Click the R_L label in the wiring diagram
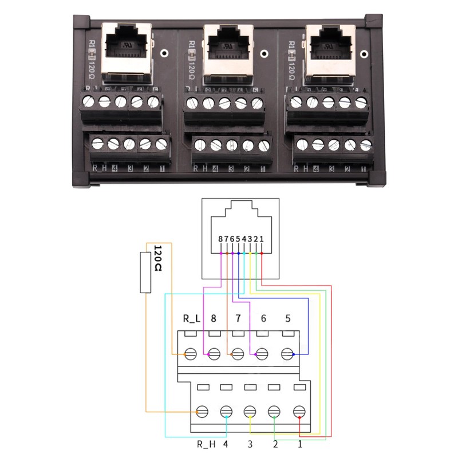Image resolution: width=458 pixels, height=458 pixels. coord(191,319)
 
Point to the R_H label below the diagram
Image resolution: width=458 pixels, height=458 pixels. coord(206,444)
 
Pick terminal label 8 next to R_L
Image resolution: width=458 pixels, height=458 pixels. coord(214,319)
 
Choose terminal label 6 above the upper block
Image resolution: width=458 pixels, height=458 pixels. coord(263,319)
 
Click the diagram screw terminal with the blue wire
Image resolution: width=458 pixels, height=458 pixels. coord(288,354)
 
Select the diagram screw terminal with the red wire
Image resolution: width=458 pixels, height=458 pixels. coord(298,411)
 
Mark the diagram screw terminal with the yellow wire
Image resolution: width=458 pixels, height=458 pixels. coord(250,411)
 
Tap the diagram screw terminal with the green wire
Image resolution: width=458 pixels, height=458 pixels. coord(274,411)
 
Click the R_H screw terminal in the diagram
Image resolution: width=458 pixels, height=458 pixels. coord(202,411)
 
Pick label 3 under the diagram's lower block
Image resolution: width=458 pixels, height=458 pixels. coord(250,444)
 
